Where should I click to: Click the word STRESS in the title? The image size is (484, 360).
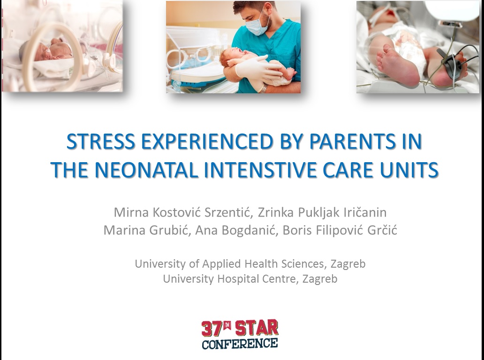coord(101,142)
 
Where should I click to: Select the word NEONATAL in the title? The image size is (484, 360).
coord(146,170)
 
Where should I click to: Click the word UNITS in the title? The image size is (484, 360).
coord(409,170)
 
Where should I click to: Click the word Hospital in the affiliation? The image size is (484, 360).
coord(238,278)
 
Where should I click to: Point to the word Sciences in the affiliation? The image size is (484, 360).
coord(303,264)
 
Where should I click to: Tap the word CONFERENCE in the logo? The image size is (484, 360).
coord(240,344)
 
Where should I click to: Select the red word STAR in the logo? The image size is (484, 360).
coord(257,328)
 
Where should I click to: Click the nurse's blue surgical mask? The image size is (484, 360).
coord(257,25)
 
